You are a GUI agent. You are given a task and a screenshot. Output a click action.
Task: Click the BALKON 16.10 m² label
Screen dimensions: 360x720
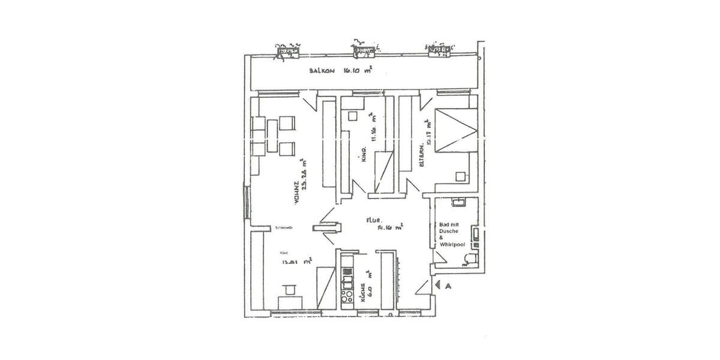[x=341, y=70]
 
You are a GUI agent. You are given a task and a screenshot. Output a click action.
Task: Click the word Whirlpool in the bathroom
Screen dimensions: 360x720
[x=452, y=245]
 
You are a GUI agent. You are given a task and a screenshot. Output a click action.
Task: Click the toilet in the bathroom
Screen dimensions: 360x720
[x=468, y=258]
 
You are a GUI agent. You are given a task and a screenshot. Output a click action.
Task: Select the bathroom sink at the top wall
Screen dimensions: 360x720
[x=458, y=202]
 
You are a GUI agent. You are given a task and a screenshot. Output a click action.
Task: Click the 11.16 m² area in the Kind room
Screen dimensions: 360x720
[x=373, y=127]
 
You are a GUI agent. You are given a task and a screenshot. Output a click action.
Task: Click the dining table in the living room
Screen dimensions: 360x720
[x=273, y=137]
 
